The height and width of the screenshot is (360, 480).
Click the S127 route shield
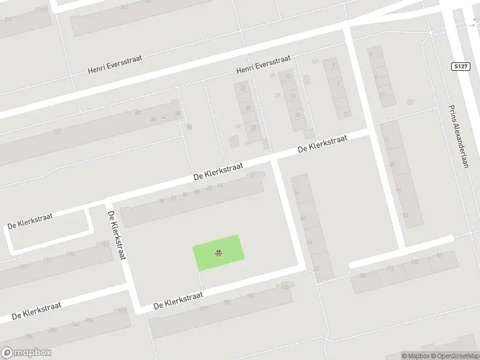click(x=460, y=66)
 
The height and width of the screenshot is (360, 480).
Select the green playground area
click(x=218, y=252)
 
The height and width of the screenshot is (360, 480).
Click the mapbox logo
click(x=26, y=353)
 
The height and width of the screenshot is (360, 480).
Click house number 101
click(x=105, y=245)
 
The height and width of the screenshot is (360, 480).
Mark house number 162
click(x=203, y=308)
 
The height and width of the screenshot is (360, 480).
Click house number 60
click(x=137, y=112)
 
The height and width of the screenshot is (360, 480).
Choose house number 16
click(x=293, y=95)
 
